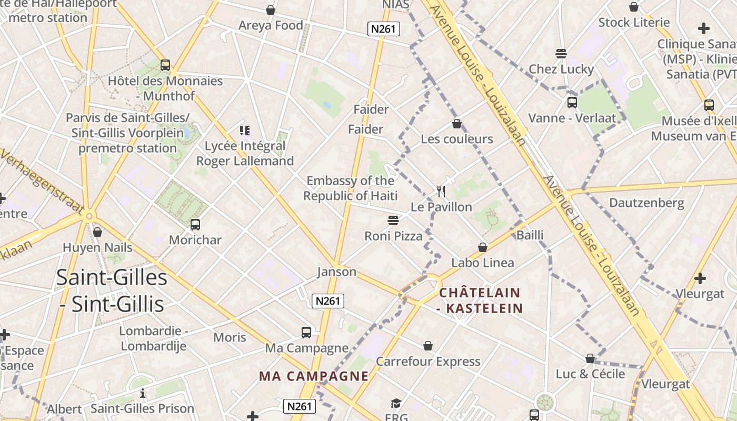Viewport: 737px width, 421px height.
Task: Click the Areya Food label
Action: (x=271, y=25)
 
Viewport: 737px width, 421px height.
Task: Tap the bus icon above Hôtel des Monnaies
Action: (x=165, y=65)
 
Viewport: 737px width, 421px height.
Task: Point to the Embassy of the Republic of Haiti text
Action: (x=350, y=188)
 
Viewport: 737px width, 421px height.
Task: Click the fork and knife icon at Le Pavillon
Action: (x=441, y=191)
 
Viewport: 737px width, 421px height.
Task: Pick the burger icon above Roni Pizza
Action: (x=393, y=220)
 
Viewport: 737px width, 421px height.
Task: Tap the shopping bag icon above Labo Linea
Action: (x=483, y=247)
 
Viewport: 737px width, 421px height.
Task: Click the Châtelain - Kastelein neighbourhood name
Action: (x=480, y=300)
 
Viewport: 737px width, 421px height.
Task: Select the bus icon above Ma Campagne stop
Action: (x=306, y=333)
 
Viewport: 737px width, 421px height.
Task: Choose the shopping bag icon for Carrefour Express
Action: (x=428, y=346)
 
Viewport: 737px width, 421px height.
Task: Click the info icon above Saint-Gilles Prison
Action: (x=142, y=393)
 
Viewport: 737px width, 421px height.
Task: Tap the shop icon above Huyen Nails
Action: (x=97, y=232)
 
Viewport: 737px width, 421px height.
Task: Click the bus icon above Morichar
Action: (x=195, y=225)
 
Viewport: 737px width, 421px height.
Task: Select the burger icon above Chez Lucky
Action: (x=561, y=54)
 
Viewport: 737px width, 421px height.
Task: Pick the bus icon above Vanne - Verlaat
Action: (x=572, y=103)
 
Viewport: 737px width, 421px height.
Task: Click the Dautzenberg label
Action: (x=646, y=203)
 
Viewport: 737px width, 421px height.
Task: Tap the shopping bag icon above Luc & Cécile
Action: (x=591, y=358)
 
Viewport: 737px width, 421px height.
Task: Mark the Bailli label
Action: (x=530, y=235)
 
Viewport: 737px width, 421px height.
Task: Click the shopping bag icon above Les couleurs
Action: (x=457, y=124)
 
